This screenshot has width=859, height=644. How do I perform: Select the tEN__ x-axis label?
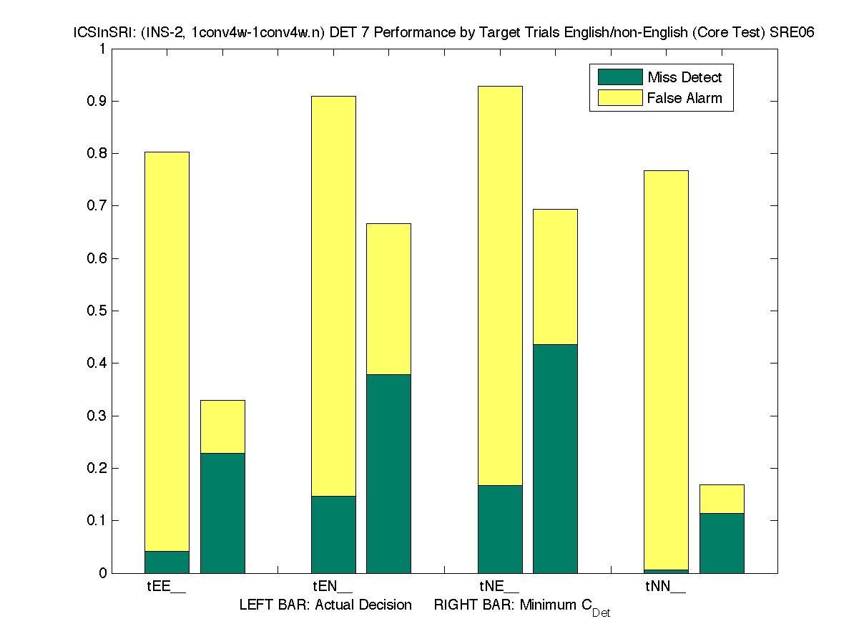click(333, 587)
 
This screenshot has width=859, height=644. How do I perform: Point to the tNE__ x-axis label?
click(500, 587)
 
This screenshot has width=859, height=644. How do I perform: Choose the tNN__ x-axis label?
click(666, 587)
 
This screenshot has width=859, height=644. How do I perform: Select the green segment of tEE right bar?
click(222, 512)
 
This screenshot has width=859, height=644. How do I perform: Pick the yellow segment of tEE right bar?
click(222, 426)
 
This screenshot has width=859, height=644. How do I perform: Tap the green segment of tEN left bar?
click(333, 534)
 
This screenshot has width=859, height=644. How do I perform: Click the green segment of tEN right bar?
click(388, 473)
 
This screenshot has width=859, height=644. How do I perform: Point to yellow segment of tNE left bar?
click(500, 286)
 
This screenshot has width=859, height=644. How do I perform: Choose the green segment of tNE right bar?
click(555, 458)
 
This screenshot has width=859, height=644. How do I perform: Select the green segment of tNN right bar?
click(722, 542)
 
